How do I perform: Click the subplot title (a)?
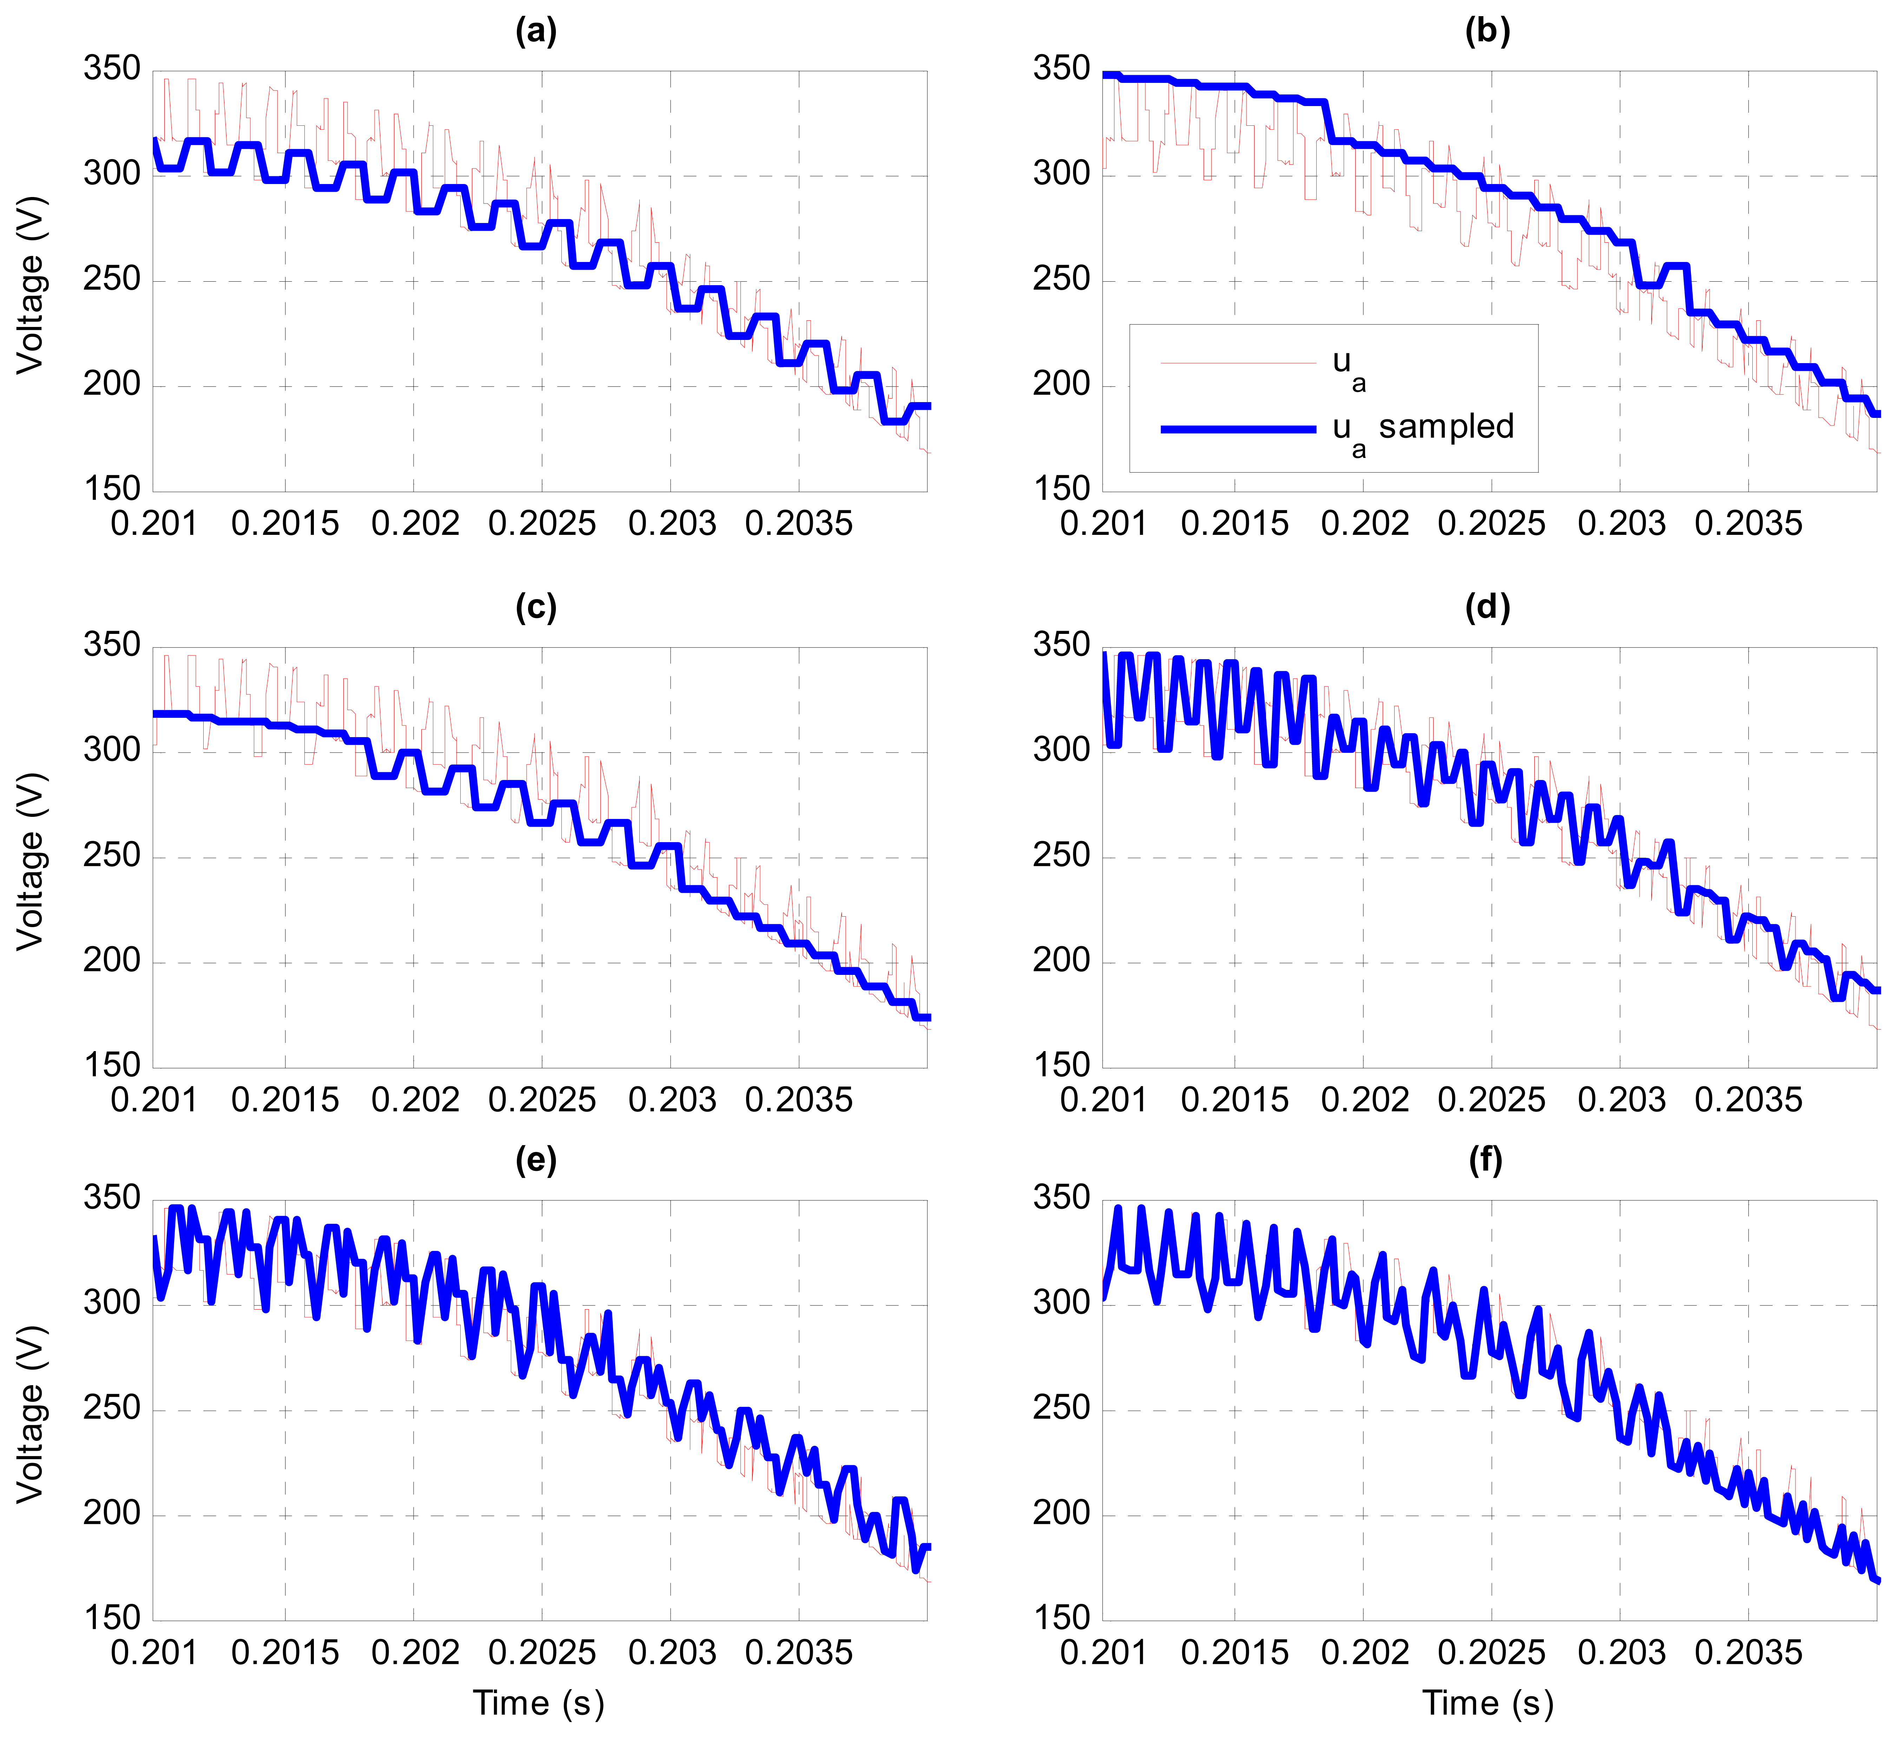click(x=536, y=32)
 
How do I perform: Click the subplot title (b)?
click(x=1488, y=32)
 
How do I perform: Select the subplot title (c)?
click(x=536, y=608)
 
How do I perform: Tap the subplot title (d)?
click(x=1488, y=608)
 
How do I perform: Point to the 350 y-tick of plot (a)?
click(x=112, y=69)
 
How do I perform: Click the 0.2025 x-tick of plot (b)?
click(x=1491, y=524)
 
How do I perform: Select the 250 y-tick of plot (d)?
click(x=1061, y=856)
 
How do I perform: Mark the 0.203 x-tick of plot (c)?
click(x=672, y=1100)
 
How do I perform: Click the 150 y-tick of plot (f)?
click(x=1061, y=1619)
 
